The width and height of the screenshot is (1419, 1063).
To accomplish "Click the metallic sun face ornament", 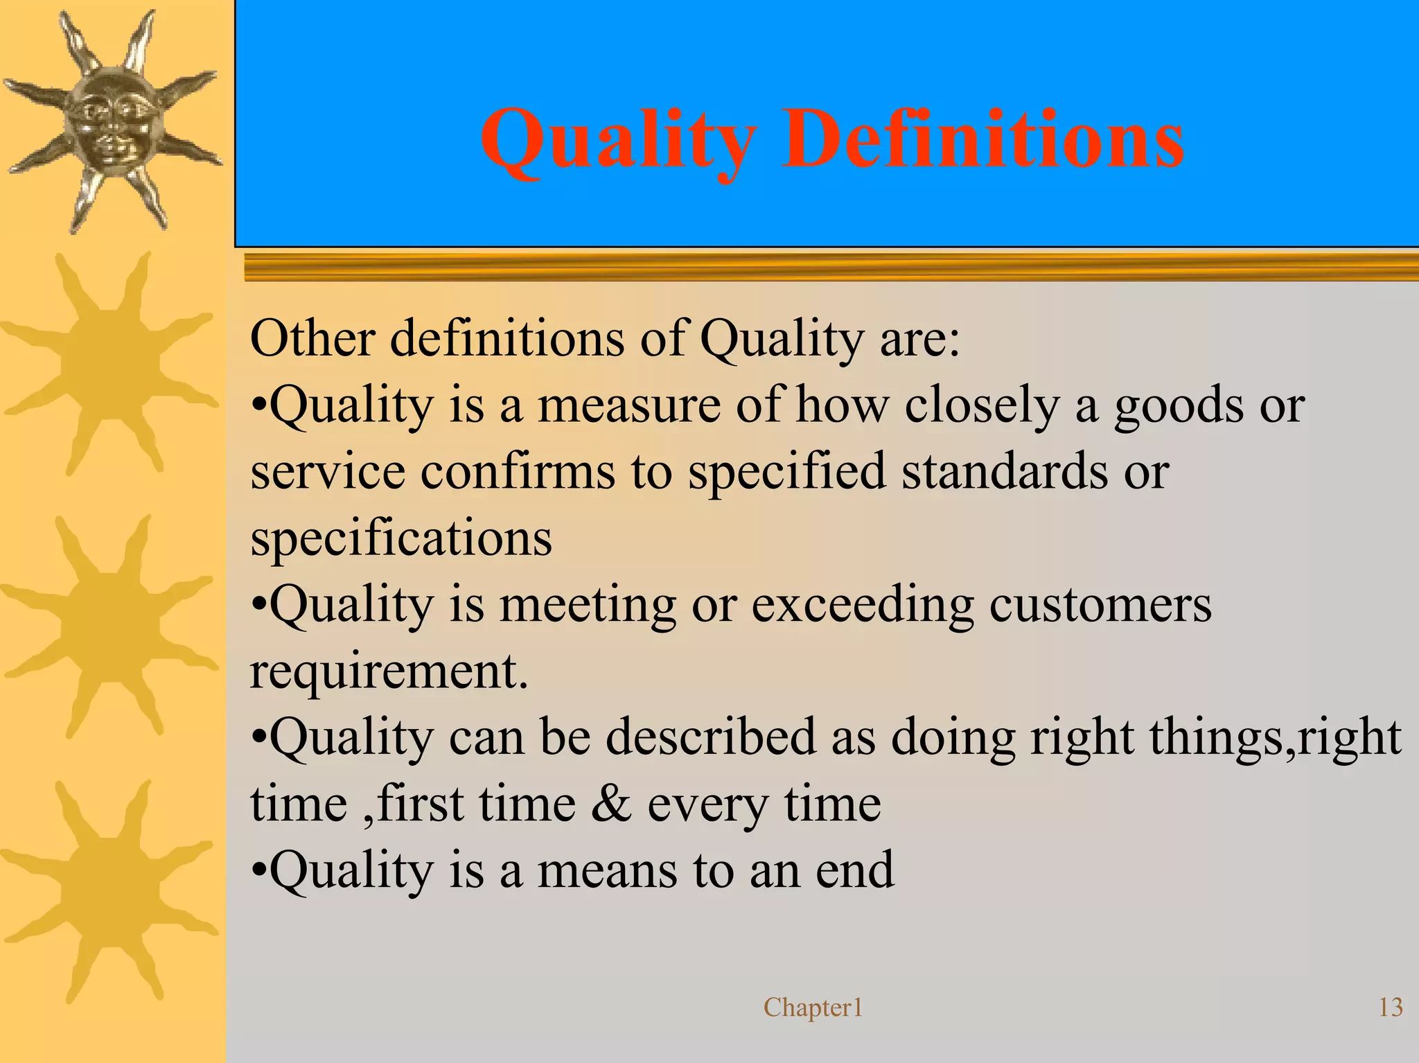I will click(x=111, y=125).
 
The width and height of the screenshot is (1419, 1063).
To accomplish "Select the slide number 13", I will click(x=1391, y=1008).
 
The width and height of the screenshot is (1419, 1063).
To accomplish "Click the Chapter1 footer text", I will click(x=813, y=1008).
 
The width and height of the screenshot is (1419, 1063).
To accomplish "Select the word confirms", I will click(x=518, y=471).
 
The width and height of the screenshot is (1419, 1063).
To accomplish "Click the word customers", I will click(x=1100, y=604).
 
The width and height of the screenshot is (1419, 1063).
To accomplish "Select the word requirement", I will click(x=388, y=671).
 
